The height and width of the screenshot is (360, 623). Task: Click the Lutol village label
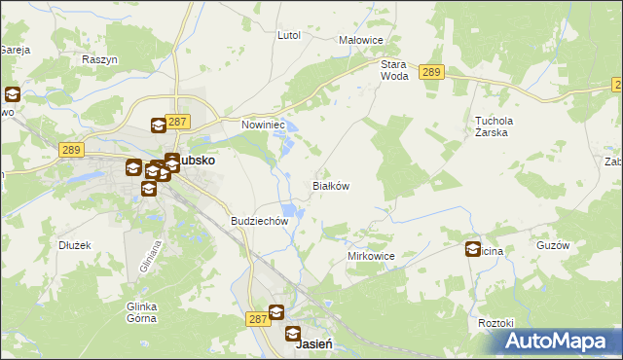pyautogui.click(x=288, y=35)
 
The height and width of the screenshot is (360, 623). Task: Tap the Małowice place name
pyautogui.click(x=360, y=40)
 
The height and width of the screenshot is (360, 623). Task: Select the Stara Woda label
pyautogui.click(x=393, y=69)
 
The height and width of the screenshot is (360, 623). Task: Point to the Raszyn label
pyautogui.click(x=99, y=59)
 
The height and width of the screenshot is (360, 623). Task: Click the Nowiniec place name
pyautogui.click(x=261, y=125)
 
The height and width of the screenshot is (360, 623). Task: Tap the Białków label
pyautogui.click(x=330, y=185)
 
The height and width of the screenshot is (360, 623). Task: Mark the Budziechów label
pyautogui.click(x=260, y=221)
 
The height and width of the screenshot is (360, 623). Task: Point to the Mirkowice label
pyautogui.click(x=371, y=256)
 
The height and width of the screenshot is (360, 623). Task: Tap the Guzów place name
pyautogui.click(x=552, y=246)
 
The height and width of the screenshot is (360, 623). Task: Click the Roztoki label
pyautogui.click(x=495, y=322)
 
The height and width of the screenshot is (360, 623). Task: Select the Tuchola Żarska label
pyautogui.click(x=493, y=126)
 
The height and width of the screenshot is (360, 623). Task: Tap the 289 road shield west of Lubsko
pyautogui.click(x=70, y=150)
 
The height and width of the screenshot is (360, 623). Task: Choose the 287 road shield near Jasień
pyautogui.click(x=257, y=318)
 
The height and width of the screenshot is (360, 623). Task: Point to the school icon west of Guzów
pyautogui.click(x=474, y=249)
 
